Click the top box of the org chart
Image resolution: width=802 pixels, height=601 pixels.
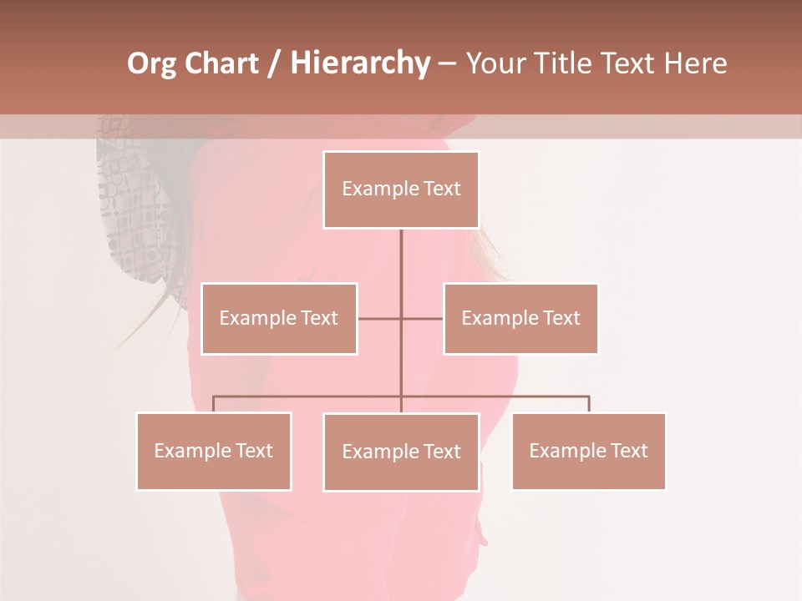[401, 189]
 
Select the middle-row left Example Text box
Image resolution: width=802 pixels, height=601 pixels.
[279, 318]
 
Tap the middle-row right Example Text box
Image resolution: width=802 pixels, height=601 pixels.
[520, 318]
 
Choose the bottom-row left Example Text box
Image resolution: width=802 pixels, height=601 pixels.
[214, 451]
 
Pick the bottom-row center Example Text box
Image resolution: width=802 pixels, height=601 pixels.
[401, 452]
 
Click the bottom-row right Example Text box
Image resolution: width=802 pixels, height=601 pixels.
[588, 451]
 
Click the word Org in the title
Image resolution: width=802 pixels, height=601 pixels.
[151, 63]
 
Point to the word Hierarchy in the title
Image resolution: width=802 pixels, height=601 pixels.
[360, 63]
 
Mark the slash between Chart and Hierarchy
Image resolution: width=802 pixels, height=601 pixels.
[274, 63]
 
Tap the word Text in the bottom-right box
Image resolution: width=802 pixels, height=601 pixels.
[630, 451]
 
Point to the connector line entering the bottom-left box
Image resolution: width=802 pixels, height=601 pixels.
[214, 404]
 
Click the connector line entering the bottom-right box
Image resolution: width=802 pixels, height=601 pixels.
[588, 404]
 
